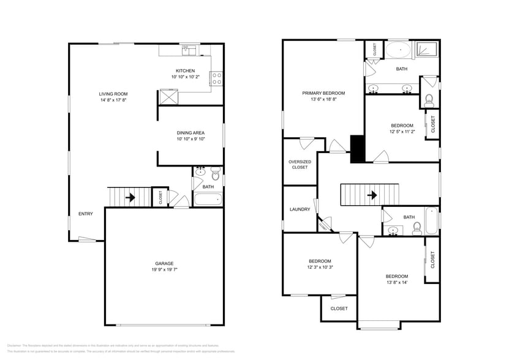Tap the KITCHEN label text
[x=185, y=70]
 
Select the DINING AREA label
[x=190, y=132]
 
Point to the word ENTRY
[x=86, y=214]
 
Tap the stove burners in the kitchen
[x=217, y=78]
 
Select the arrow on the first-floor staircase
[x=129, y=197]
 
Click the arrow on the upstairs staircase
[x=371, y=195]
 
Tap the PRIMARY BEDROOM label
[x=323, y=93]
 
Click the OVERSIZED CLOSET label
[x=300, y=164]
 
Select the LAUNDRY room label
[x=300, y=209]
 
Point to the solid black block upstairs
[x=357, y=149]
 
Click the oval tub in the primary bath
[x=398, y=49]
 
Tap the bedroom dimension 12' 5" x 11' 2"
[x=402, y=132]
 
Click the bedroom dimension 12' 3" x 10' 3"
[x=320, y=267]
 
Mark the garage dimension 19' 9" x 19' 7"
[x=164, y=269]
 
